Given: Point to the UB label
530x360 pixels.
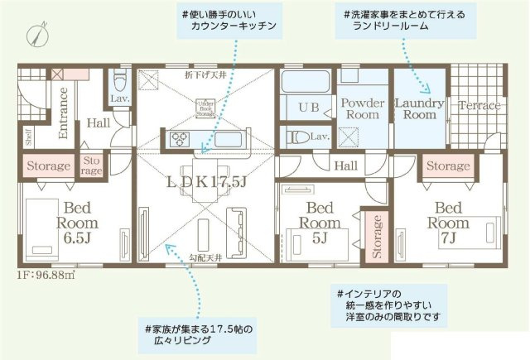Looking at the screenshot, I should [x=308, y=108].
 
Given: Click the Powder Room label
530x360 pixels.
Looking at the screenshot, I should [x=362, y=108].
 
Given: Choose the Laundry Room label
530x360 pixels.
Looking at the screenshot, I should [x=420, y=109].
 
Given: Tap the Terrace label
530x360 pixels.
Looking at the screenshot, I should [x=479, y=106].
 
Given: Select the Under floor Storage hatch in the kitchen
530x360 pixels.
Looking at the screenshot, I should [x=205, y=109].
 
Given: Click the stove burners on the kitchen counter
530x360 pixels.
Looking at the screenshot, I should [x=181, y=140].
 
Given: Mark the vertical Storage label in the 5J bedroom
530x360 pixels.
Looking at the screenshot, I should [x=377, y=235].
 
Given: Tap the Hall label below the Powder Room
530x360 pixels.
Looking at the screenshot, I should [x=345, y=166].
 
